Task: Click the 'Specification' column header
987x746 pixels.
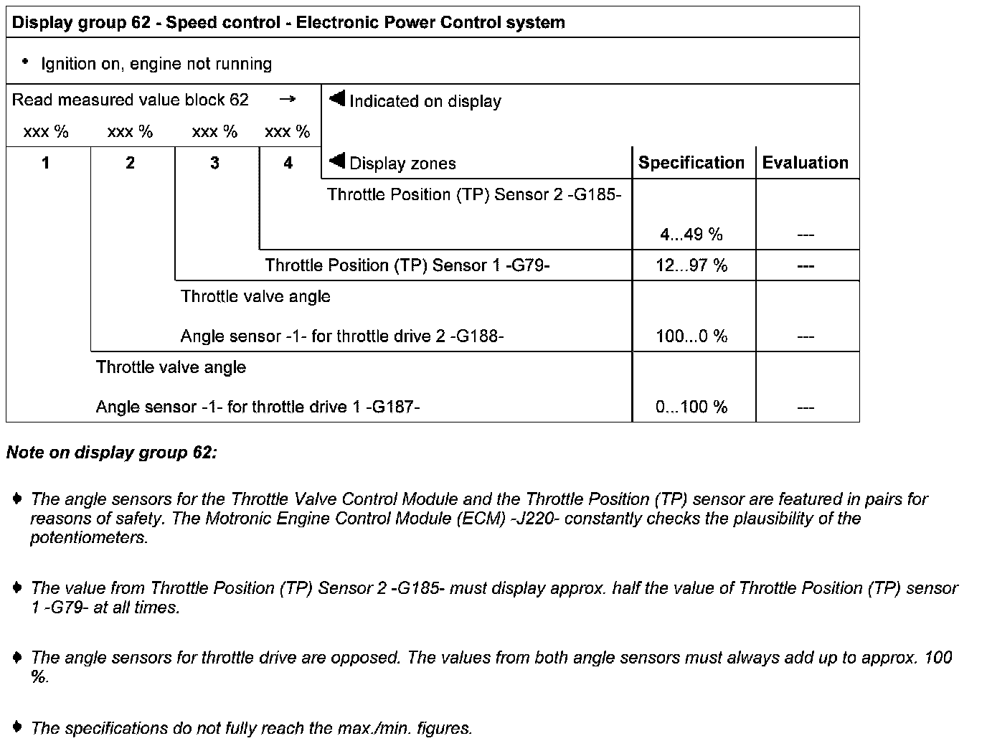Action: click(x=691, y=163)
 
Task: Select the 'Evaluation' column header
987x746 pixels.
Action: click(x=805, y=163)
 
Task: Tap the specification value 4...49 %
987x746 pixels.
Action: click(x=691, y=235)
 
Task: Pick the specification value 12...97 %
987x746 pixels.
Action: click(x=691, y=265)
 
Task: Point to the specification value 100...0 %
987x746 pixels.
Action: click(x=691, y=336)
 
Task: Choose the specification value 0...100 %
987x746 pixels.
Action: click(x=691, y=407)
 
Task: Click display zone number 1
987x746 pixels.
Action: click(x=46, y=164)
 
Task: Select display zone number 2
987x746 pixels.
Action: click(x=130, y=164)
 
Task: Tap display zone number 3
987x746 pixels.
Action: click(x=214, y=164)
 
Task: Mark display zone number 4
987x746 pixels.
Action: click(x=288, y=164)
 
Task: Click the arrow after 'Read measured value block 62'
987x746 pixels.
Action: click(x=287, y=100)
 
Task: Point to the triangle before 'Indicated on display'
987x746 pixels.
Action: click(x=337, y=98)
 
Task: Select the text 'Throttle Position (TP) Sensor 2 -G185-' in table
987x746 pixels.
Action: click(x=474, y=194)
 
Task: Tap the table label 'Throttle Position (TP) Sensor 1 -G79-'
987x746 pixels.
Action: click(x=407, y=265)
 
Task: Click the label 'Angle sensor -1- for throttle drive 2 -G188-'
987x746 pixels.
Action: click(x=342, y=336)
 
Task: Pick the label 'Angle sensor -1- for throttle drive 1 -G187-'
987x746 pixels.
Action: click(x=258, y=407)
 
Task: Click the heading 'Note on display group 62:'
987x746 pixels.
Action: click(x=111, y=453)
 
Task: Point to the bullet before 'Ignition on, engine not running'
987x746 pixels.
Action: click(x=25, y=62)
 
